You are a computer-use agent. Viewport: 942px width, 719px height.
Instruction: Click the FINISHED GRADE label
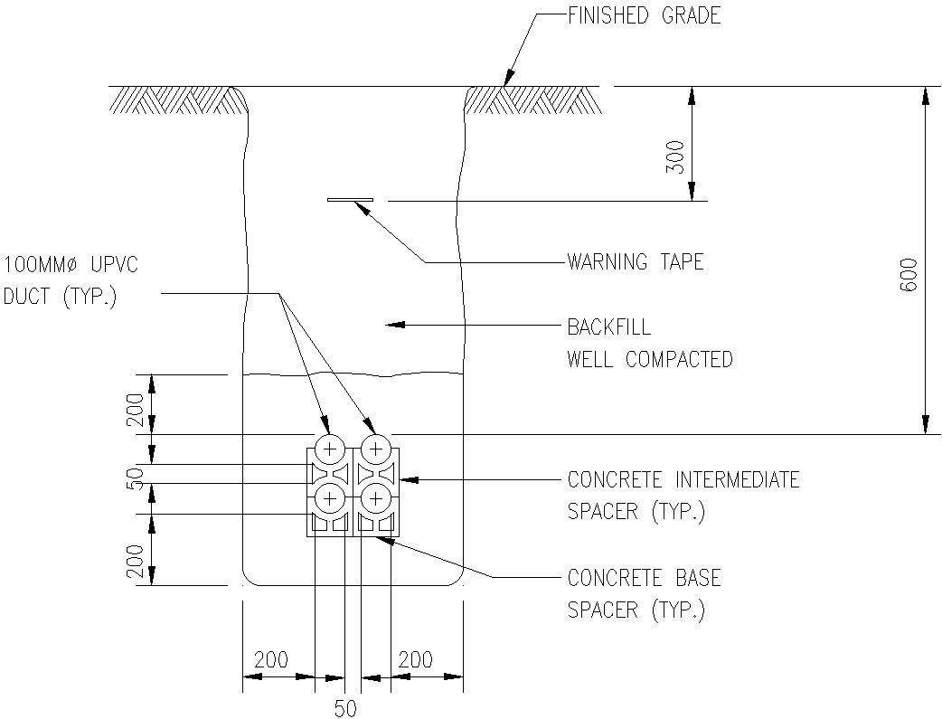644,15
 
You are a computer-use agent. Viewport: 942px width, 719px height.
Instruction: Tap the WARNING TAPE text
635,262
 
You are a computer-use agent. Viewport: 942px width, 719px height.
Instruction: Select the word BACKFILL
608,326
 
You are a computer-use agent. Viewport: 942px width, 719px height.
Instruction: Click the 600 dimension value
909,274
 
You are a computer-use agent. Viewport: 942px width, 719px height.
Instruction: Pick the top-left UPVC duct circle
330,449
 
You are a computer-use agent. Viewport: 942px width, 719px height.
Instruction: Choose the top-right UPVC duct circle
374,449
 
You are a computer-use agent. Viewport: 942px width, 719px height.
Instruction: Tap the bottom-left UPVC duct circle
330,498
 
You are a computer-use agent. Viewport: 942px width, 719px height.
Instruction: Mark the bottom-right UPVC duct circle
374,498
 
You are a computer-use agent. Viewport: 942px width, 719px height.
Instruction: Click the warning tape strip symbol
350,200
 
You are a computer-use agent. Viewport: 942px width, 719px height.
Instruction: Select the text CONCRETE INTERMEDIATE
683,479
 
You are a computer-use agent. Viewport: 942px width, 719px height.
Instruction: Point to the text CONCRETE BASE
644,578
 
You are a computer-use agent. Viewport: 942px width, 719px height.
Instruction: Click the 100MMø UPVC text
71,265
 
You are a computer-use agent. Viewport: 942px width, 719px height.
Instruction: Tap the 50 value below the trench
345,708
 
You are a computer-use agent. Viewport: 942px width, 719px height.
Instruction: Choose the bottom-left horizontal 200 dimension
271,659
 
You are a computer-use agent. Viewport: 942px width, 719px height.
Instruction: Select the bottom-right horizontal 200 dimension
415,659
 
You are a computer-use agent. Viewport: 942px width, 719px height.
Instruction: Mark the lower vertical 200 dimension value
136,561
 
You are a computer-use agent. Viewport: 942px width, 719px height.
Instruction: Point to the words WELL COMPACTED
649,359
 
